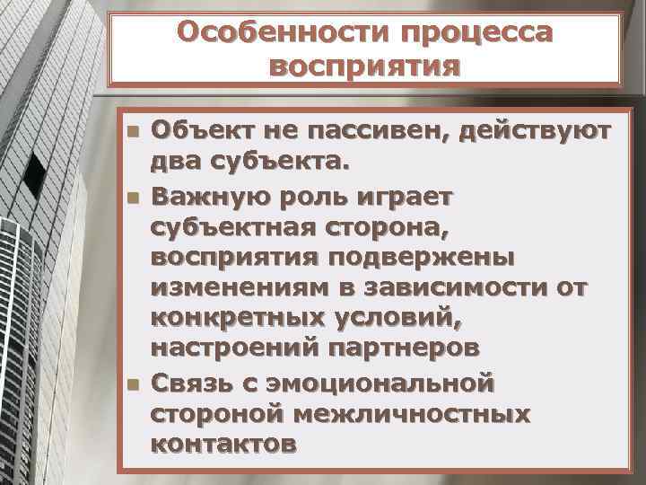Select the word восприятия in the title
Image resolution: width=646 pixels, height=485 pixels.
point(364,67)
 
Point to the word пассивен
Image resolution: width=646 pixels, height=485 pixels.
point(376,132)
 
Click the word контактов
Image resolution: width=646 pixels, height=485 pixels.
point(222,443)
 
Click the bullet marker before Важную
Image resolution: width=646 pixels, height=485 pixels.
point(134,197)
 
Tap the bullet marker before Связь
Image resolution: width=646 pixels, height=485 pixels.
point(134,384)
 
